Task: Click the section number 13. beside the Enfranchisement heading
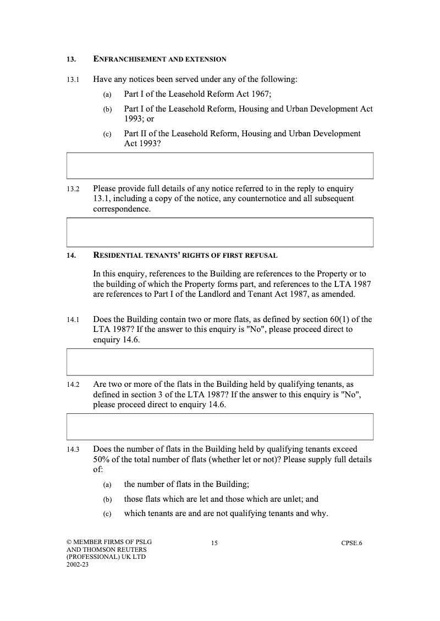(71, 59)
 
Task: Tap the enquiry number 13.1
(73, 80)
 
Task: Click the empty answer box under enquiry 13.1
(220, 165)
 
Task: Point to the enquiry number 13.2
(73, 188)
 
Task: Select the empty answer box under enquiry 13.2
(220, 232)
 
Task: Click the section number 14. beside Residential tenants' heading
(71, 256)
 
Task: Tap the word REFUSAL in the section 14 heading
(260, 256)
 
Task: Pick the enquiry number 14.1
(73, 319)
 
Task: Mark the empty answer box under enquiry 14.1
(220, 362)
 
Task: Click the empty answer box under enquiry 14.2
(220, 427)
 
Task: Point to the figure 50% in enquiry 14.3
(102, 459)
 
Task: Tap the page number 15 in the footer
(215, 544)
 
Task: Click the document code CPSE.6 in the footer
(352, 544)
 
